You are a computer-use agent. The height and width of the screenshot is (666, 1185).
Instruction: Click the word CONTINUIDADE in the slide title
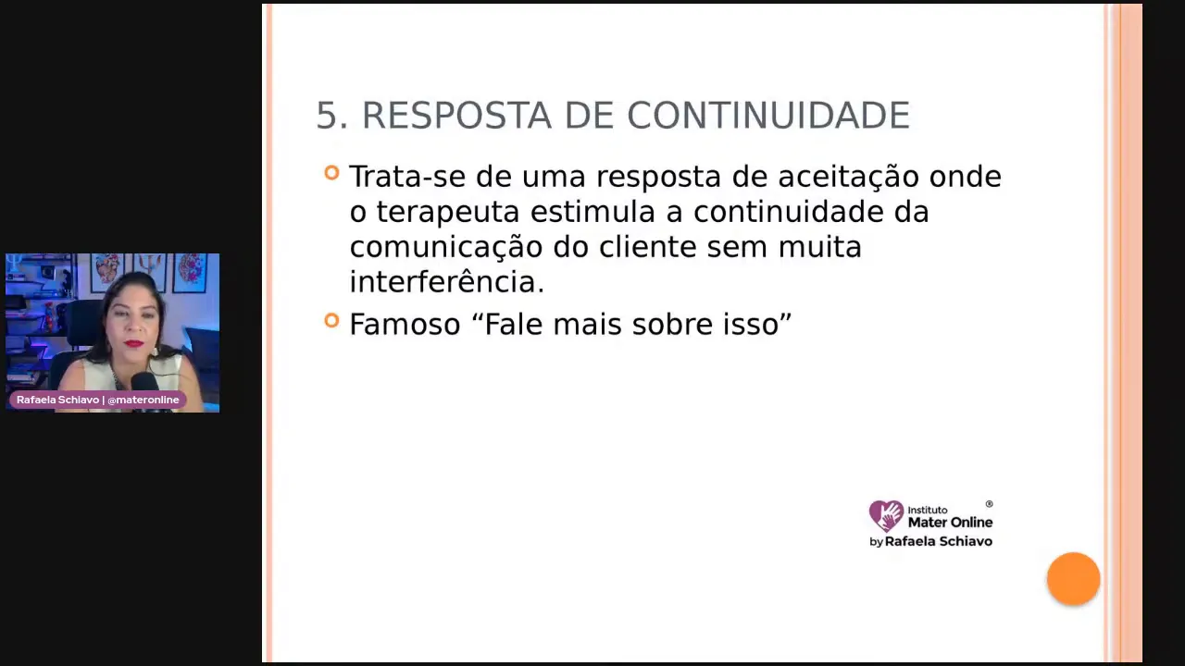click(x=768, y=116)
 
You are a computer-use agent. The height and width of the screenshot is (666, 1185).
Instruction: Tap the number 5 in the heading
click(x=325, y=116)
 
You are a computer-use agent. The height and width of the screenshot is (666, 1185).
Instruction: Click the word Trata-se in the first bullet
click(x=408, y=177)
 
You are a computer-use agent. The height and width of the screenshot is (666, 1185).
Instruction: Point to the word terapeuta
click(x=448, y=212)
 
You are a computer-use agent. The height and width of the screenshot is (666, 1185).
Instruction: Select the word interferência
click(x=446, y=282)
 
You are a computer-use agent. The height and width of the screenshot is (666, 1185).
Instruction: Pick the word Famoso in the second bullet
click(x=405, y=325)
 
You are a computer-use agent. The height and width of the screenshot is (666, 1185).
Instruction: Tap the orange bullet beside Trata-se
click(x=331, y=172)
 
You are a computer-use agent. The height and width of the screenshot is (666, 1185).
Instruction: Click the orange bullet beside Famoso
click(x=331, y=320)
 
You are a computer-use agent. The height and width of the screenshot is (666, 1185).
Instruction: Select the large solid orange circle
click(x=1073, y=579)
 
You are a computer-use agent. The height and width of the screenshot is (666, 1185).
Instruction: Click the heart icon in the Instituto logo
click(x=886, y=515)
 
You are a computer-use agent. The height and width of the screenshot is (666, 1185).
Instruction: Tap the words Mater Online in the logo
click(x=950, y=522)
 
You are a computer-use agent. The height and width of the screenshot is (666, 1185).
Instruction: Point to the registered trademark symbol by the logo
click(x=989, y=504)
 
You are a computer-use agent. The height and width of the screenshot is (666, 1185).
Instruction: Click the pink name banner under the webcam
click(x=98, y=400)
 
